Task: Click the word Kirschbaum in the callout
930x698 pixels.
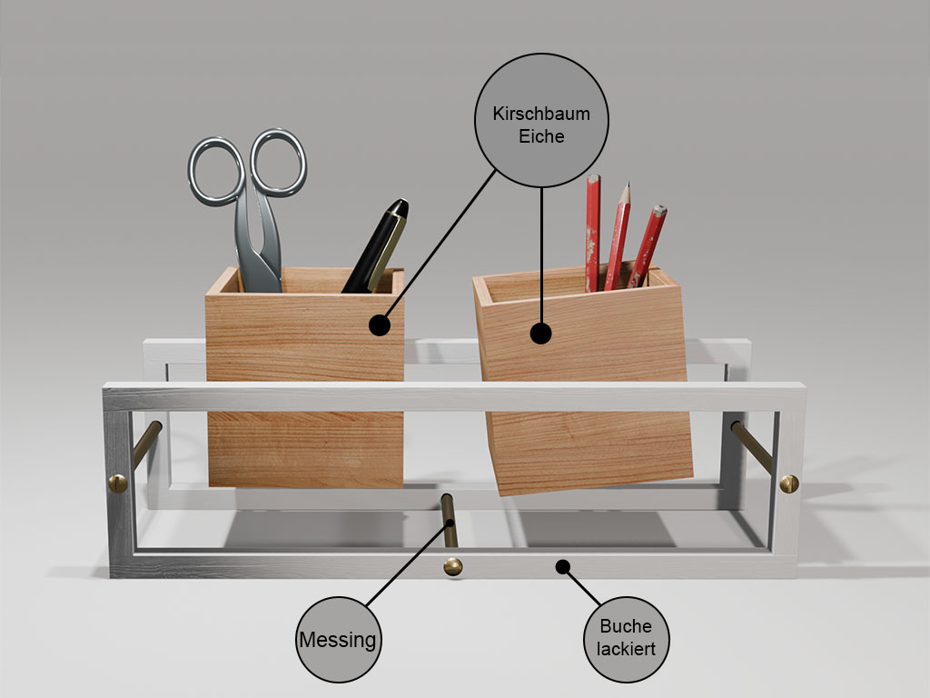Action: coord(541,114)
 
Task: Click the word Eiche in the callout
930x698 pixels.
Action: coord(541,136)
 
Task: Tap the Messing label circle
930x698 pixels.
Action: coord(338,640)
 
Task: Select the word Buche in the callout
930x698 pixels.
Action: coord(626,626)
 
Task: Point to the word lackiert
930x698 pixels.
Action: coord(626,649)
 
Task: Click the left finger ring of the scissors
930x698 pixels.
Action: coord(216,172)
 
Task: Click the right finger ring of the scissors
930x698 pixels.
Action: coord(278,162)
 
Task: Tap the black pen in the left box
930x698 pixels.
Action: coord(375,246)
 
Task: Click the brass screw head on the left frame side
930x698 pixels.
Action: coord(117,484)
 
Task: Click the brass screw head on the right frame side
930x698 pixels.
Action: coord(789,484)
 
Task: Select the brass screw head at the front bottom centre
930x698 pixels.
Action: coord(453,567)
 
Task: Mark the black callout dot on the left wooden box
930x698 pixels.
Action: coord(380,325)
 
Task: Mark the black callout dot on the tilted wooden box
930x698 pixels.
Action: coord(540,334)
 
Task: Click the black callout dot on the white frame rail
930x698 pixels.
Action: coord(563,567)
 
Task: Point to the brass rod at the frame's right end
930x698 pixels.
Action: coord(752,447)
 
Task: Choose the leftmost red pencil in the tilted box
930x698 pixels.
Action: coord(592,234)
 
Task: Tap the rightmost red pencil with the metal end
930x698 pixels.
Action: coord(647,246)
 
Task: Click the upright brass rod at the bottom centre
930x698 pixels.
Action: coord(450,521)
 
